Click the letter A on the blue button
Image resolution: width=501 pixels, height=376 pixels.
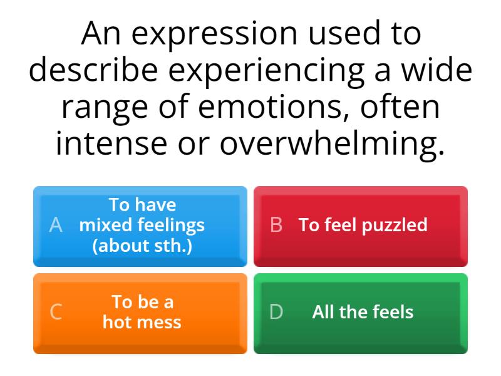[x=56, y=225]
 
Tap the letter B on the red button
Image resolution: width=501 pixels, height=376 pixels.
[x=276, y=225]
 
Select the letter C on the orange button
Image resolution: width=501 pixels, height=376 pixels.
[x=56, y=312]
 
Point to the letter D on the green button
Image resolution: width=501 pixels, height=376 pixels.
[x=276, y=312]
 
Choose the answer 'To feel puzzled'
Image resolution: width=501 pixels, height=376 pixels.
[x=363, y=225]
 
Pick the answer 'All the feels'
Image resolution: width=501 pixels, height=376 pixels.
[x=363, y=312]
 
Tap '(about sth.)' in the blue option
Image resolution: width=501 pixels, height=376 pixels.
[x=142, y=245]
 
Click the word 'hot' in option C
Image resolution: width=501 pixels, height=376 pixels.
[x=117, y=323]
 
